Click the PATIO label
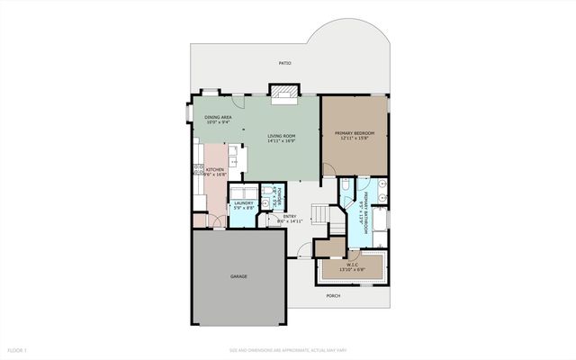(284, 63)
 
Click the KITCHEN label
(214, 169)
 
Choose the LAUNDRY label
(244, 203)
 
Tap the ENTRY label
(290, 216)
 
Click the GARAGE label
(238, 276)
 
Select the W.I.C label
(352, 264)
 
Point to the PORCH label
(333, 293)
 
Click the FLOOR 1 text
(18, 349)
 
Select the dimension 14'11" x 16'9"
(283, 141)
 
